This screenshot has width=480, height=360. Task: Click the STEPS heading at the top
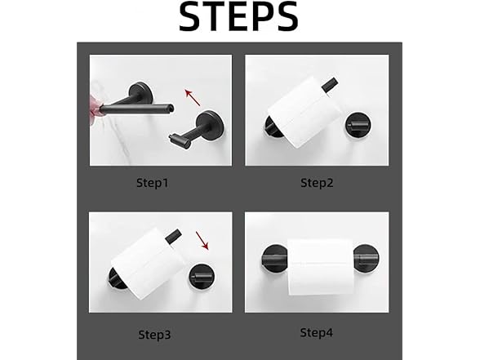(x=238, y=16)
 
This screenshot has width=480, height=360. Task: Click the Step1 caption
(x=153, y=183)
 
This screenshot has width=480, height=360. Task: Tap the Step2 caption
(x=317, y=183)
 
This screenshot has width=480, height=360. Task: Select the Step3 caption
(x=154, y=335)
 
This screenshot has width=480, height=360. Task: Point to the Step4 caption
(x=316, y=333)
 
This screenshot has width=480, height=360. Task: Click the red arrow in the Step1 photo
(x=193, y=97)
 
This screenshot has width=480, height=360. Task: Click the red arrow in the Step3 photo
(x=202, y=241)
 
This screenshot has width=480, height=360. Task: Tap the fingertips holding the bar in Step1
(x=96, y=109)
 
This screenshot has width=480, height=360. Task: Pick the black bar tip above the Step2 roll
(x=330, y=84)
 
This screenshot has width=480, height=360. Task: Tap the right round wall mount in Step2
(x=358, y=125)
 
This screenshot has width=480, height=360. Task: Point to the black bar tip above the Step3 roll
(x=173, y=237)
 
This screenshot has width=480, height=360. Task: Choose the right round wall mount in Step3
(x=202, y=277)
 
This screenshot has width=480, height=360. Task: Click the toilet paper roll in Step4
(x=321, y=267)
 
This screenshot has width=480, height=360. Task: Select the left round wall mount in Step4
(x=274, y=258)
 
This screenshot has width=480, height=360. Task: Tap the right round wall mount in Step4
(x=366, y=257)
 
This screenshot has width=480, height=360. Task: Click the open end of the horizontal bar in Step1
(x=171, y=108)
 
